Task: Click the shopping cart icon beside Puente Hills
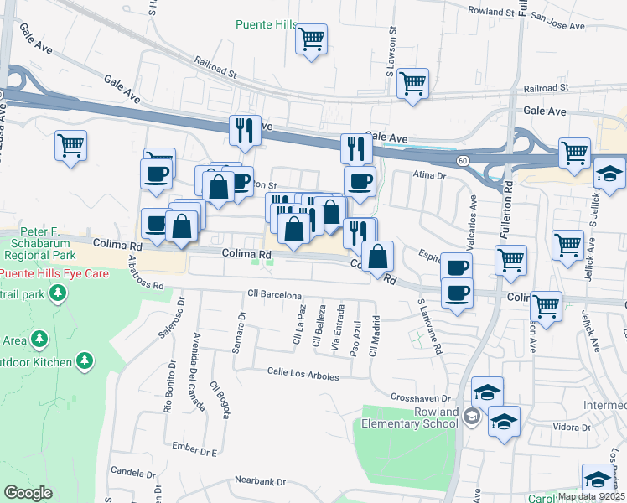312,39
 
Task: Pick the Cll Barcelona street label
274,295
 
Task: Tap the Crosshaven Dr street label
422,397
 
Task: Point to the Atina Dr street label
429,176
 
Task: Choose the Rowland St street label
491,13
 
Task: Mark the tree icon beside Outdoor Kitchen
85,360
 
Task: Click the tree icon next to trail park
58,293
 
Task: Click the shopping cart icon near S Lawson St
412,84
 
